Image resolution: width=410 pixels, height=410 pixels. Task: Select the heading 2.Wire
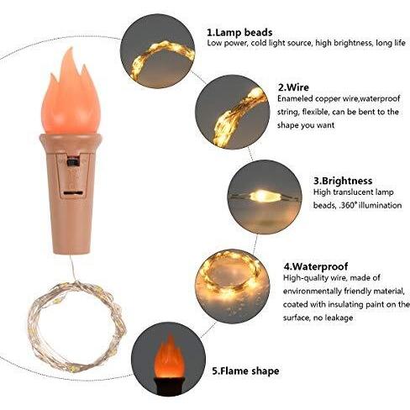coord(294,86)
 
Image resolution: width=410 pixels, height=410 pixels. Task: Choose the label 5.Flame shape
coord(244,370)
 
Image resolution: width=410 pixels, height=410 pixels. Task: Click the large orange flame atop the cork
coord(79,87)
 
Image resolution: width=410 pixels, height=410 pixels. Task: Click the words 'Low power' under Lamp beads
coord(227,42)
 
